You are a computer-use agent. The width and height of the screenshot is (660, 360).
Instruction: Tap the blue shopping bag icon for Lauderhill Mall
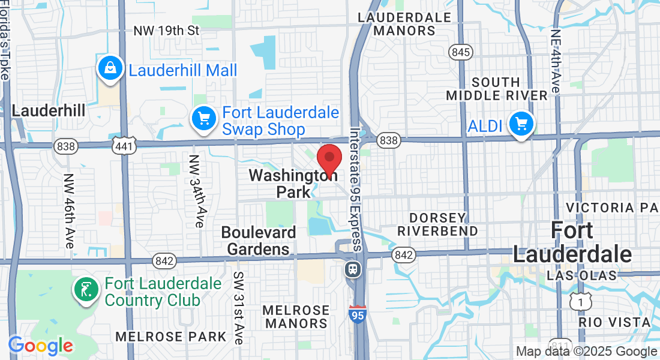[x=111, y=69]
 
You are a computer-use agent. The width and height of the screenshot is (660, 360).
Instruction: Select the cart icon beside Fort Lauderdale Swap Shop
[x=204, y=119]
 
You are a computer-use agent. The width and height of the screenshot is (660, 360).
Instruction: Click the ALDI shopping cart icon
[x=521, y=124]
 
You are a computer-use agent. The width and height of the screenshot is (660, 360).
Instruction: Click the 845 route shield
[x=461, y=52]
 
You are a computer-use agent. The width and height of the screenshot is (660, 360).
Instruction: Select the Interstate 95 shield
[x=358, y=314]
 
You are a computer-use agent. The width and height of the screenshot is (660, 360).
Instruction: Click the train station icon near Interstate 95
[x=353, y=269]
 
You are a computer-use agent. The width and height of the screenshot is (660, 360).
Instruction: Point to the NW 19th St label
[x=166, y=30]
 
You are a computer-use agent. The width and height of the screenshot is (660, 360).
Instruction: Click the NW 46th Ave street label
[x=68, y=211]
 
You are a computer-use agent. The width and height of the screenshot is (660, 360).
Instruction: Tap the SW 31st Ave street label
[x=237, y=307]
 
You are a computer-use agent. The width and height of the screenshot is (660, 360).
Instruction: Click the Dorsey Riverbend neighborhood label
[x=437, y=224]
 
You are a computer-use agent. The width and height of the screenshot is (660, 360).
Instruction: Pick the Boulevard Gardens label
[x=259, y=240]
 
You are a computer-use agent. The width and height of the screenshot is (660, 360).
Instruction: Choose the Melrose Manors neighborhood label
[x=297, y=317]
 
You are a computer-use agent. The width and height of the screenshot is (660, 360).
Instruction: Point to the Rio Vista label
[x=615, y=322]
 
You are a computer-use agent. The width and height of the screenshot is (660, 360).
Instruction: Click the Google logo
[x=40, y=346]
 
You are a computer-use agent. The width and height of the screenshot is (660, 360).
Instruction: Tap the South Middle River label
[x=497, y=88]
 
